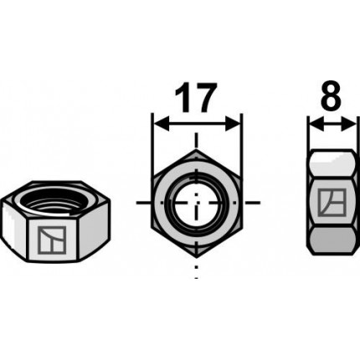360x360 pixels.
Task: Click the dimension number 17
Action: coord(196,96)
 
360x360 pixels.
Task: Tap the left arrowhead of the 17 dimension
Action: coord(162,124)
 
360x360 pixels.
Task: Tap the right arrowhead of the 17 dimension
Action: coord(233,124)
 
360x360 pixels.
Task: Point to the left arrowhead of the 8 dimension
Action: coord(316,124)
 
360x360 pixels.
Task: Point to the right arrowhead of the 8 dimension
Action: coord(348,124)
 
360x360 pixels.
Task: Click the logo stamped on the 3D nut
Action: coord(52,240)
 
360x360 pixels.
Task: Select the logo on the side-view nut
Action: coord(332,203)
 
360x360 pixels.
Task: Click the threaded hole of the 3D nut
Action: coord(54,199)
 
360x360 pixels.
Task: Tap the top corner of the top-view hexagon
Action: coord(197,149)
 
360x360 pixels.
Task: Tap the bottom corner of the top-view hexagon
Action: coord(197,256)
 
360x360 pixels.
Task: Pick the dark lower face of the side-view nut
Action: coord(332,239)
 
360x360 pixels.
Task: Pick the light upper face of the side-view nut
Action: coord(332,164)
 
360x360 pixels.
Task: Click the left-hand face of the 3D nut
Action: coord(14,229)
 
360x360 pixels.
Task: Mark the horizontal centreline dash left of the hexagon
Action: coord(145,203)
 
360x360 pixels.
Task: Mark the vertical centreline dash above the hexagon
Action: coord(197,140)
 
